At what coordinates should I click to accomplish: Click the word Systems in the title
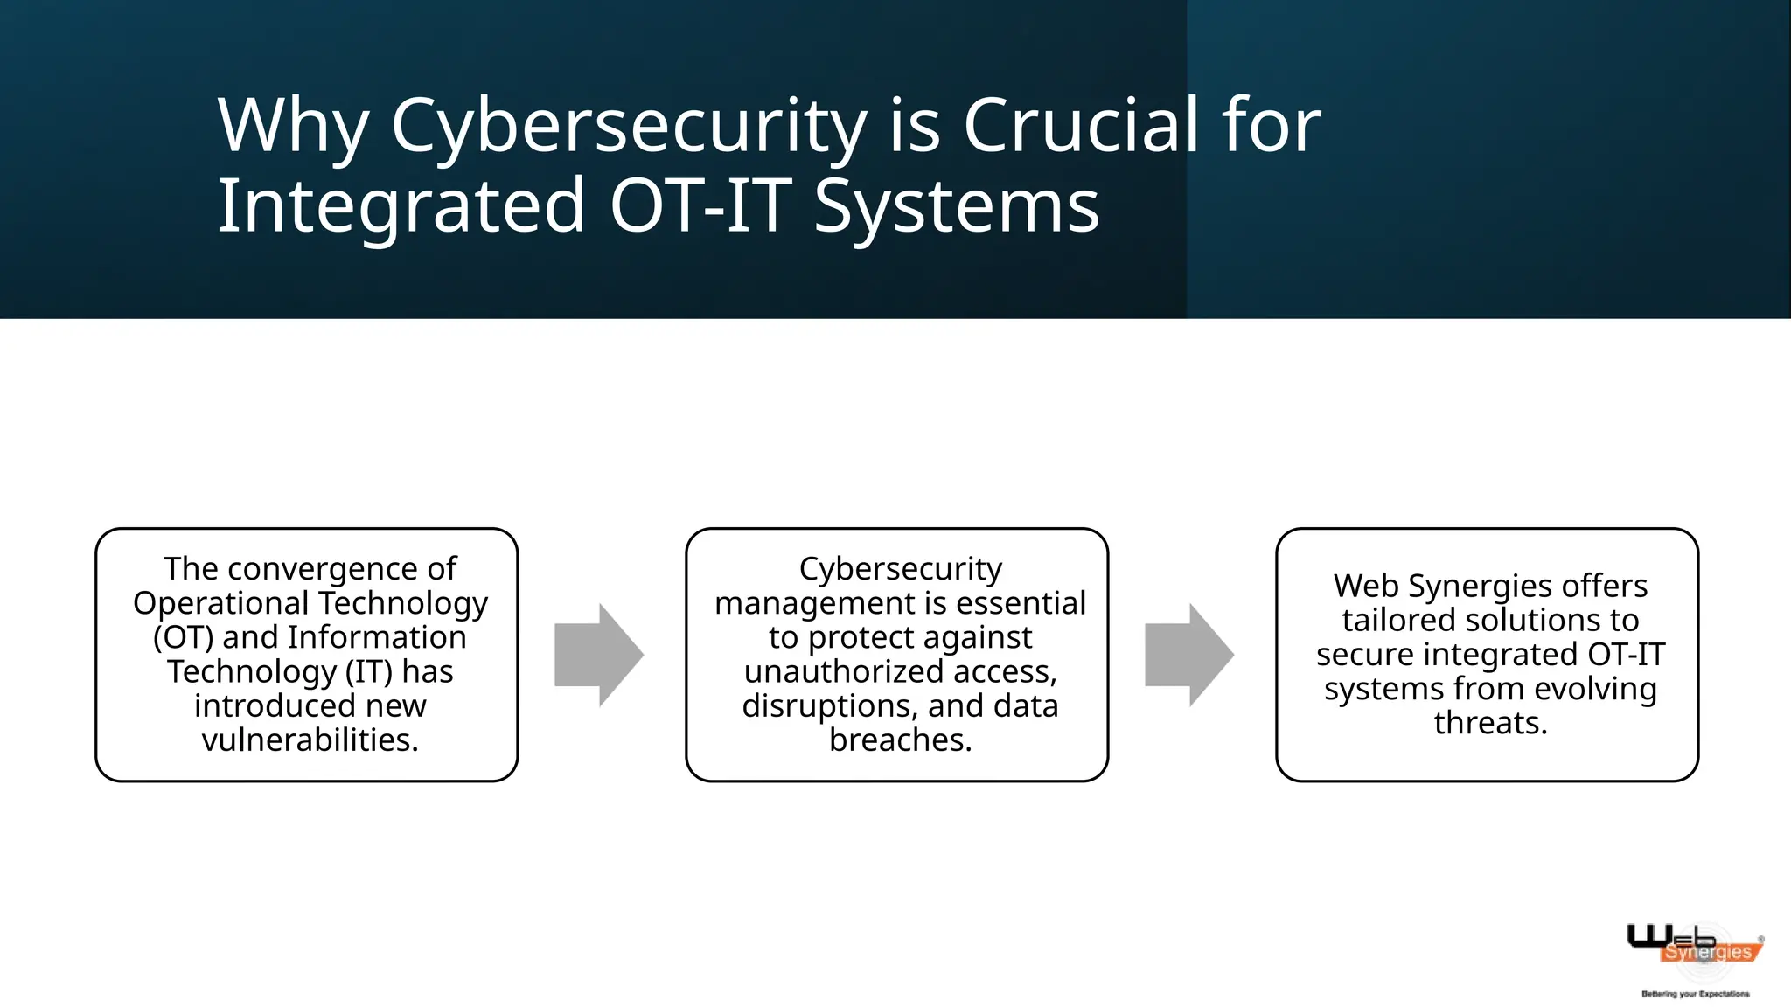pos(956,206)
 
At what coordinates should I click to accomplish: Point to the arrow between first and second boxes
pos(599,655)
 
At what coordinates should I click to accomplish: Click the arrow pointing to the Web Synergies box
pos(1189,655)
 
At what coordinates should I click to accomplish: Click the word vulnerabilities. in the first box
pos(310,740)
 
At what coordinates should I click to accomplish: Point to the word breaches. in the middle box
pos(900,740)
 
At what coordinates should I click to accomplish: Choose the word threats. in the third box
pos(1490,723)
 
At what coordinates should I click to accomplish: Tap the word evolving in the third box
pos(1595,689)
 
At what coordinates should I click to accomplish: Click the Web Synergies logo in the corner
pos(1694,946)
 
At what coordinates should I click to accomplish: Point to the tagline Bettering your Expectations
pos(1695,994)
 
